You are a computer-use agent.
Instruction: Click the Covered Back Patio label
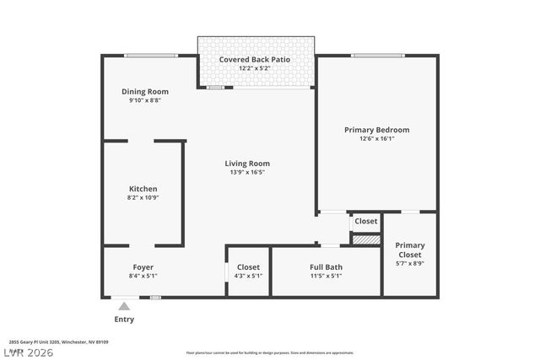[x=256, y=59]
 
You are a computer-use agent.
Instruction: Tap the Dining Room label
[x=145, y=92]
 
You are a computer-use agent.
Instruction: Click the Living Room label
[x=247, y=164]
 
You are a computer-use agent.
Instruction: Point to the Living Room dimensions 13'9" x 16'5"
[x=247, y=172]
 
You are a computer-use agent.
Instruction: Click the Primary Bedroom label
[x=376, y=130]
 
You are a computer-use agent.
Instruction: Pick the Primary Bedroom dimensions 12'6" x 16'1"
[x=376, y=138]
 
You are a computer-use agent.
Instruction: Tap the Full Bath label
[x=326, y=267]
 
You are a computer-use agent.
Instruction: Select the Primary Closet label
[x=410, y=250]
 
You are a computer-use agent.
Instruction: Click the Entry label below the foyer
[x=124, y=320]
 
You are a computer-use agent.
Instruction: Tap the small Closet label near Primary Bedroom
[x=366, y=221]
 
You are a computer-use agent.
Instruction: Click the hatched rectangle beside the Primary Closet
[x=365, y=240]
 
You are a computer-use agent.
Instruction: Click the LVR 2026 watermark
[x=27, y=352]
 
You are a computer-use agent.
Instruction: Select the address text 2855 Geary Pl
[x=58, y=342]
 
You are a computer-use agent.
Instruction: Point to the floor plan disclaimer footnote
[x=270, y=352]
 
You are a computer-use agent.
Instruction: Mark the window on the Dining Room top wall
[x=150, y=56]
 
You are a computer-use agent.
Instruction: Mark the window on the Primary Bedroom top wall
[x=376, y=56]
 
